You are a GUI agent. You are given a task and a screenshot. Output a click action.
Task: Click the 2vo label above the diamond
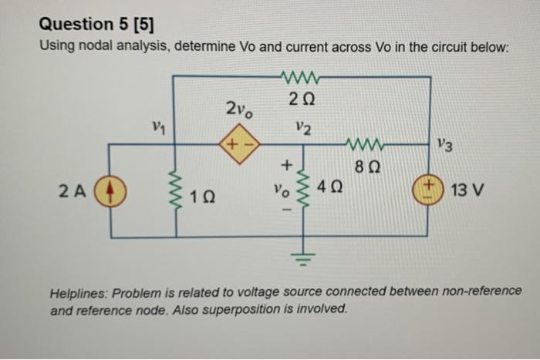tap(238, 109)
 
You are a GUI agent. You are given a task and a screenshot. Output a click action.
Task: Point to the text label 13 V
tap(467, 190)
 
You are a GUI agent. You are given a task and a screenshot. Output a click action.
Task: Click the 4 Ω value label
tap(334, 187)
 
